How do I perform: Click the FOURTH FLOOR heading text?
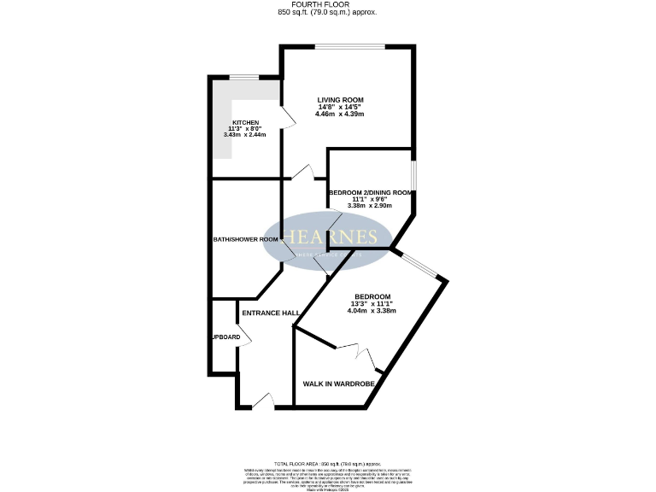[328, 5]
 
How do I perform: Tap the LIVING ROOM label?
[340, 100]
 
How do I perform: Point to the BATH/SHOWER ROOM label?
[246, 239]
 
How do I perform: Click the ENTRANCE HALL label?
[270, 313]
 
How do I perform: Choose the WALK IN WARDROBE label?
[339, 384]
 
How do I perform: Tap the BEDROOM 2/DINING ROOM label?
[371, 193]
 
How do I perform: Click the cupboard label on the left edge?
[225, 337]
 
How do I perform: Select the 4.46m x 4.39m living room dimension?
[340, 114]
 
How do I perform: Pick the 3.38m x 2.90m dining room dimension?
[371, 206]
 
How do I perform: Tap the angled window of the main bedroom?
[423, 265]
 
